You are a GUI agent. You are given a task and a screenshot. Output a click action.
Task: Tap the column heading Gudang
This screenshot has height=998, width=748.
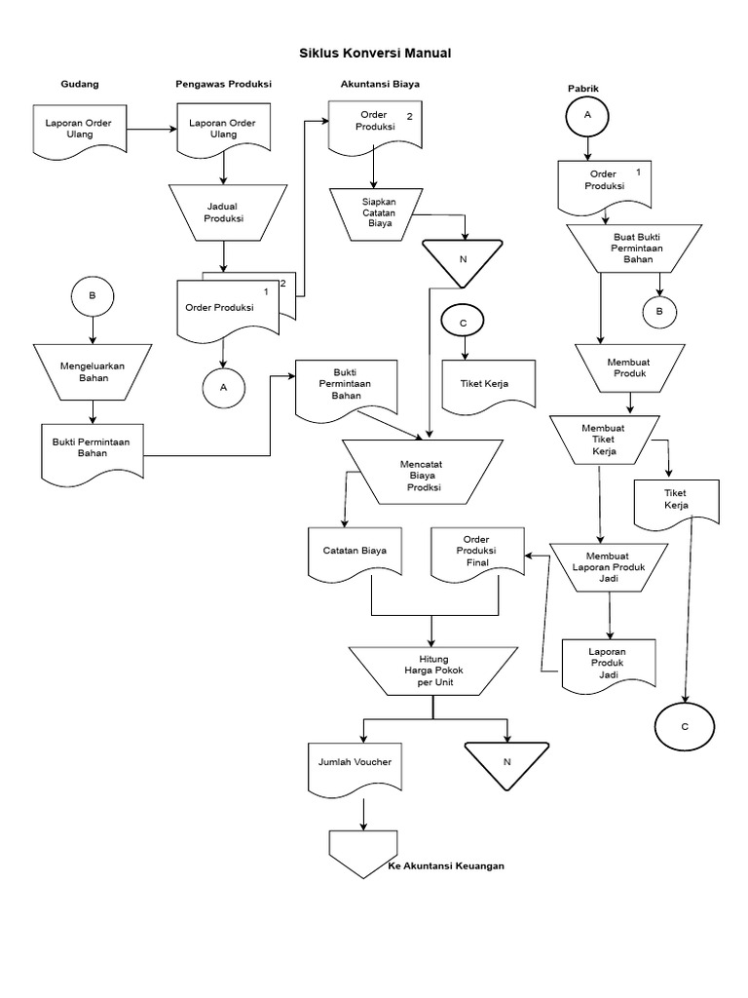(80, 84)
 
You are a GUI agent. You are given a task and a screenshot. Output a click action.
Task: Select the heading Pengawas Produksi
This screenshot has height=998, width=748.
(223, 84)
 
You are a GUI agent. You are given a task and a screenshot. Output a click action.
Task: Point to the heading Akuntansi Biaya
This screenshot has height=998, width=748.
(380, 84)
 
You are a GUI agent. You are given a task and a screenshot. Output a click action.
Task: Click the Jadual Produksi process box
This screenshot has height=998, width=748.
(224, 212)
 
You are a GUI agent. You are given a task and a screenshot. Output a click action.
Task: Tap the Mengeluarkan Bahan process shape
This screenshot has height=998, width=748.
(93, 371)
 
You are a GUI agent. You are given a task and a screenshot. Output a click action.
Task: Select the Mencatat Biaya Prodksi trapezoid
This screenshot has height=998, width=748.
(424, 472)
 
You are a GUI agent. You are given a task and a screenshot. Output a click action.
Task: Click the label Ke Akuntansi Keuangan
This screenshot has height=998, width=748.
(446, 865)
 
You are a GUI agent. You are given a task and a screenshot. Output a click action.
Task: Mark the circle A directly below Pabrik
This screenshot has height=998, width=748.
(587, 115)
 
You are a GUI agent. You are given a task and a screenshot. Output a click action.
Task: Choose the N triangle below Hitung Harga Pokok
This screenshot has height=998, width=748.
(505, 761)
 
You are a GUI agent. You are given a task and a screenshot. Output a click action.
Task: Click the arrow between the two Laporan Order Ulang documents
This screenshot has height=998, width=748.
(152, 129)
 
